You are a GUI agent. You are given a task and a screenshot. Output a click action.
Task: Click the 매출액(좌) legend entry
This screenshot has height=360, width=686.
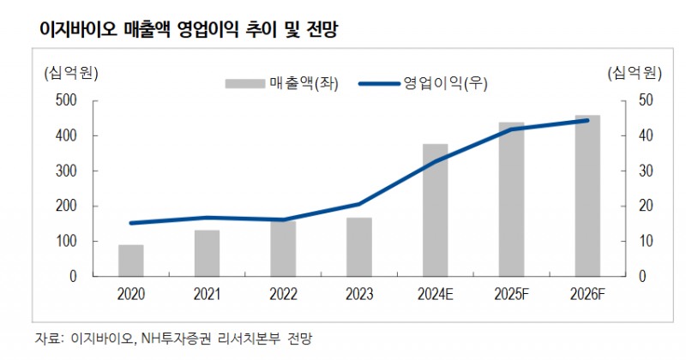point(283,83)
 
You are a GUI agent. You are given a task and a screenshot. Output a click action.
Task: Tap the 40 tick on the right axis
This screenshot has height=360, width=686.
point(646,136)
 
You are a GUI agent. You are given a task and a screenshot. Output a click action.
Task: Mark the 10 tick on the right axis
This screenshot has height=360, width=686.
point(646,242)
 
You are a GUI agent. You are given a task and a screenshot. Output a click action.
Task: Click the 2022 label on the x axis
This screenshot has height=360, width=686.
point(283,295)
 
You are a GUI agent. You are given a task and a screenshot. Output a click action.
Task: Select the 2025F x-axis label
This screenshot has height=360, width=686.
point(511,295)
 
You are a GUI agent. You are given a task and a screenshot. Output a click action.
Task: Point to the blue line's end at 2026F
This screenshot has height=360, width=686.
point(587,121)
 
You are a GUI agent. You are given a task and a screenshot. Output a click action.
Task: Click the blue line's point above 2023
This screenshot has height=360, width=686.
point(359,204)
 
